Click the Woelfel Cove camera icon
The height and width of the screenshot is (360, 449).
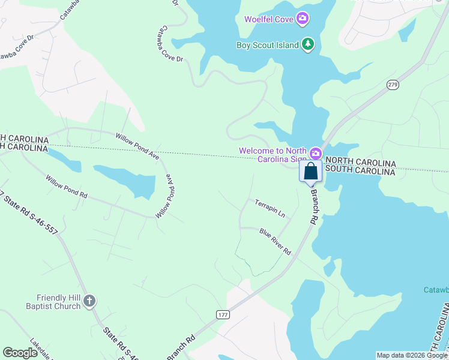tap(303, 19)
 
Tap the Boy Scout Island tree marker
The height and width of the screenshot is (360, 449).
tap(308, 44)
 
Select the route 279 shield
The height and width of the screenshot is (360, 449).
tap(393, 85)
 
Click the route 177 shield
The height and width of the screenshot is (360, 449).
tap(223, 314)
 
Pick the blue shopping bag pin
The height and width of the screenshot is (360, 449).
tap(311, 172)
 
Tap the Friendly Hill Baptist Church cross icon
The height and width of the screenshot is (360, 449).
tap(89, 301)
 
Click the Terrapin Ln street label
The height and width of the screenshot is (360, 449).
tap(270, 208)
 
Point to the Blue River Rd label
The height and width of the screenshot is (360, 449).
tap(275, 241)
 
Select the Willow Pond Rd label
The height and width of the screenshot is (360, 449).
tap(67, 187)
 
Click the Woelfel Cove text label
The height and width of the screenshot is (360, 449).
tap(268, 19)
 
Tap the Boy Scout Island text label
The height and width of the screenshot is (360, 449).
tap(268, 44)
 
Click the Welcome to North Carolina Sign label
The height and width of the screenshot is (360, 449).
tap(273, 155)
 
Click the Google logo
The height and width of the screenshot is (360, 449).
tap(20, 353)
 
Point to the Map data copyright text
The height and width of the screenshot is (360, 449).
tap(411, 355)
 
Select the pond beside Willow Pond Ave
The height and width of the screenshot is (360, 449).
tap(126, 180)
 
